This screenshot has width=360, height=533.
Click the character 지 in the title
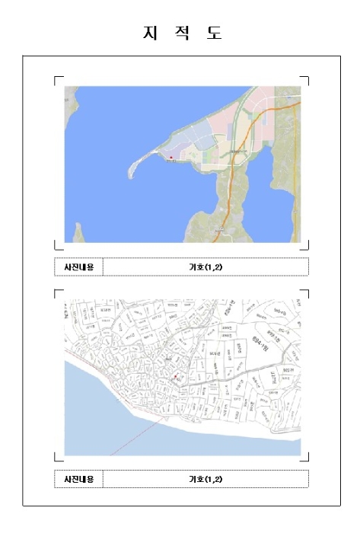click(148, 34)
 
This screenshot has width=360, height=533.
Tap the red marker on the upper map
click(171, 158)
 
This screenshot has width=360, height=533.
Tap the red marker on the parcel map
click(175, 376)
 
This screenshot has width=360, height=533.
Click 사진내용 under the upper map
click(78, 266)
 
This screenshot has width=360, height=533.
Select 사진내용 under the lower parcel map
click(78, 479)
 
